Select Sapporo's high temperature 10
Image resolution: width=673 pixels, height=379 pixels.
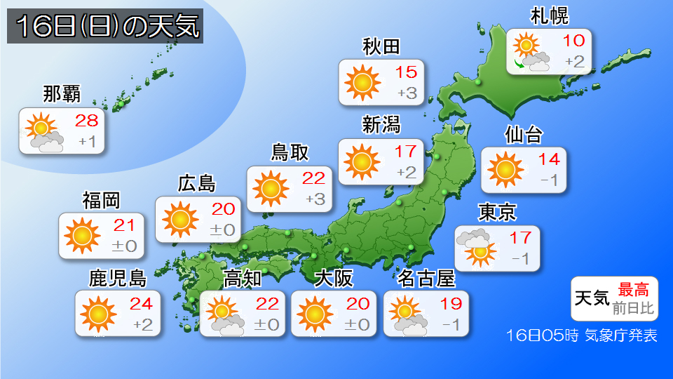point(573,41)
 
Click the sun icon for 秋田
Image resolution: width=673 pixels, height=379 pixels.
point(362,82)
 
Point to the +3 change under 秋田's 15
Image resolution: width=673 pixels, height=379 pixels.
point(407,93)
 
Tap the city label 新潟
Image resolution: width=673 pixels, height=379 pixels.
point(381,125)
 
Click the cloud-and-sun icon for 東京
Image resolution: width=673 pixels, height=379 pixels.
point(475,246)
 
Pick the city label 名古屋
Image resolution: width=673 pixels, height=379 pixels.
point(426,279)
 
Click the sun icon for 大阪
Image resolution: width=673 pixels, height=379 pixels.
point(315,313)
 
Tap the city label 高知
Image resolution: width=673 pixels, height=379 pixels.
point(242,279)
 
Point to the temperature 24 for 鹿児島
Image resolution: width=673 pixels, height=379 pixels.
point(142,304)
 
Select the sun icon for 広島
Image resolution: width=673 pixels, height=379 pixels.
point(179,219)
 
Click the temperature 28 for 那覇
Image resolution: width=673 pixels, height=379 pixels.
point(87,120)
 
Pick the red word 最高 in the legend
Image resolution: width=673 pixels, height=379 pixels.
point(633,288)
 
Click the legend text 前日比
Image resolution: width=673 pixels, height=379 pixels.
point(633,307)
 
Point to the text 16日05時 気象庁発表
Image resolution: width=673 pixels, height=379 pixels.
point(581,335)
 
